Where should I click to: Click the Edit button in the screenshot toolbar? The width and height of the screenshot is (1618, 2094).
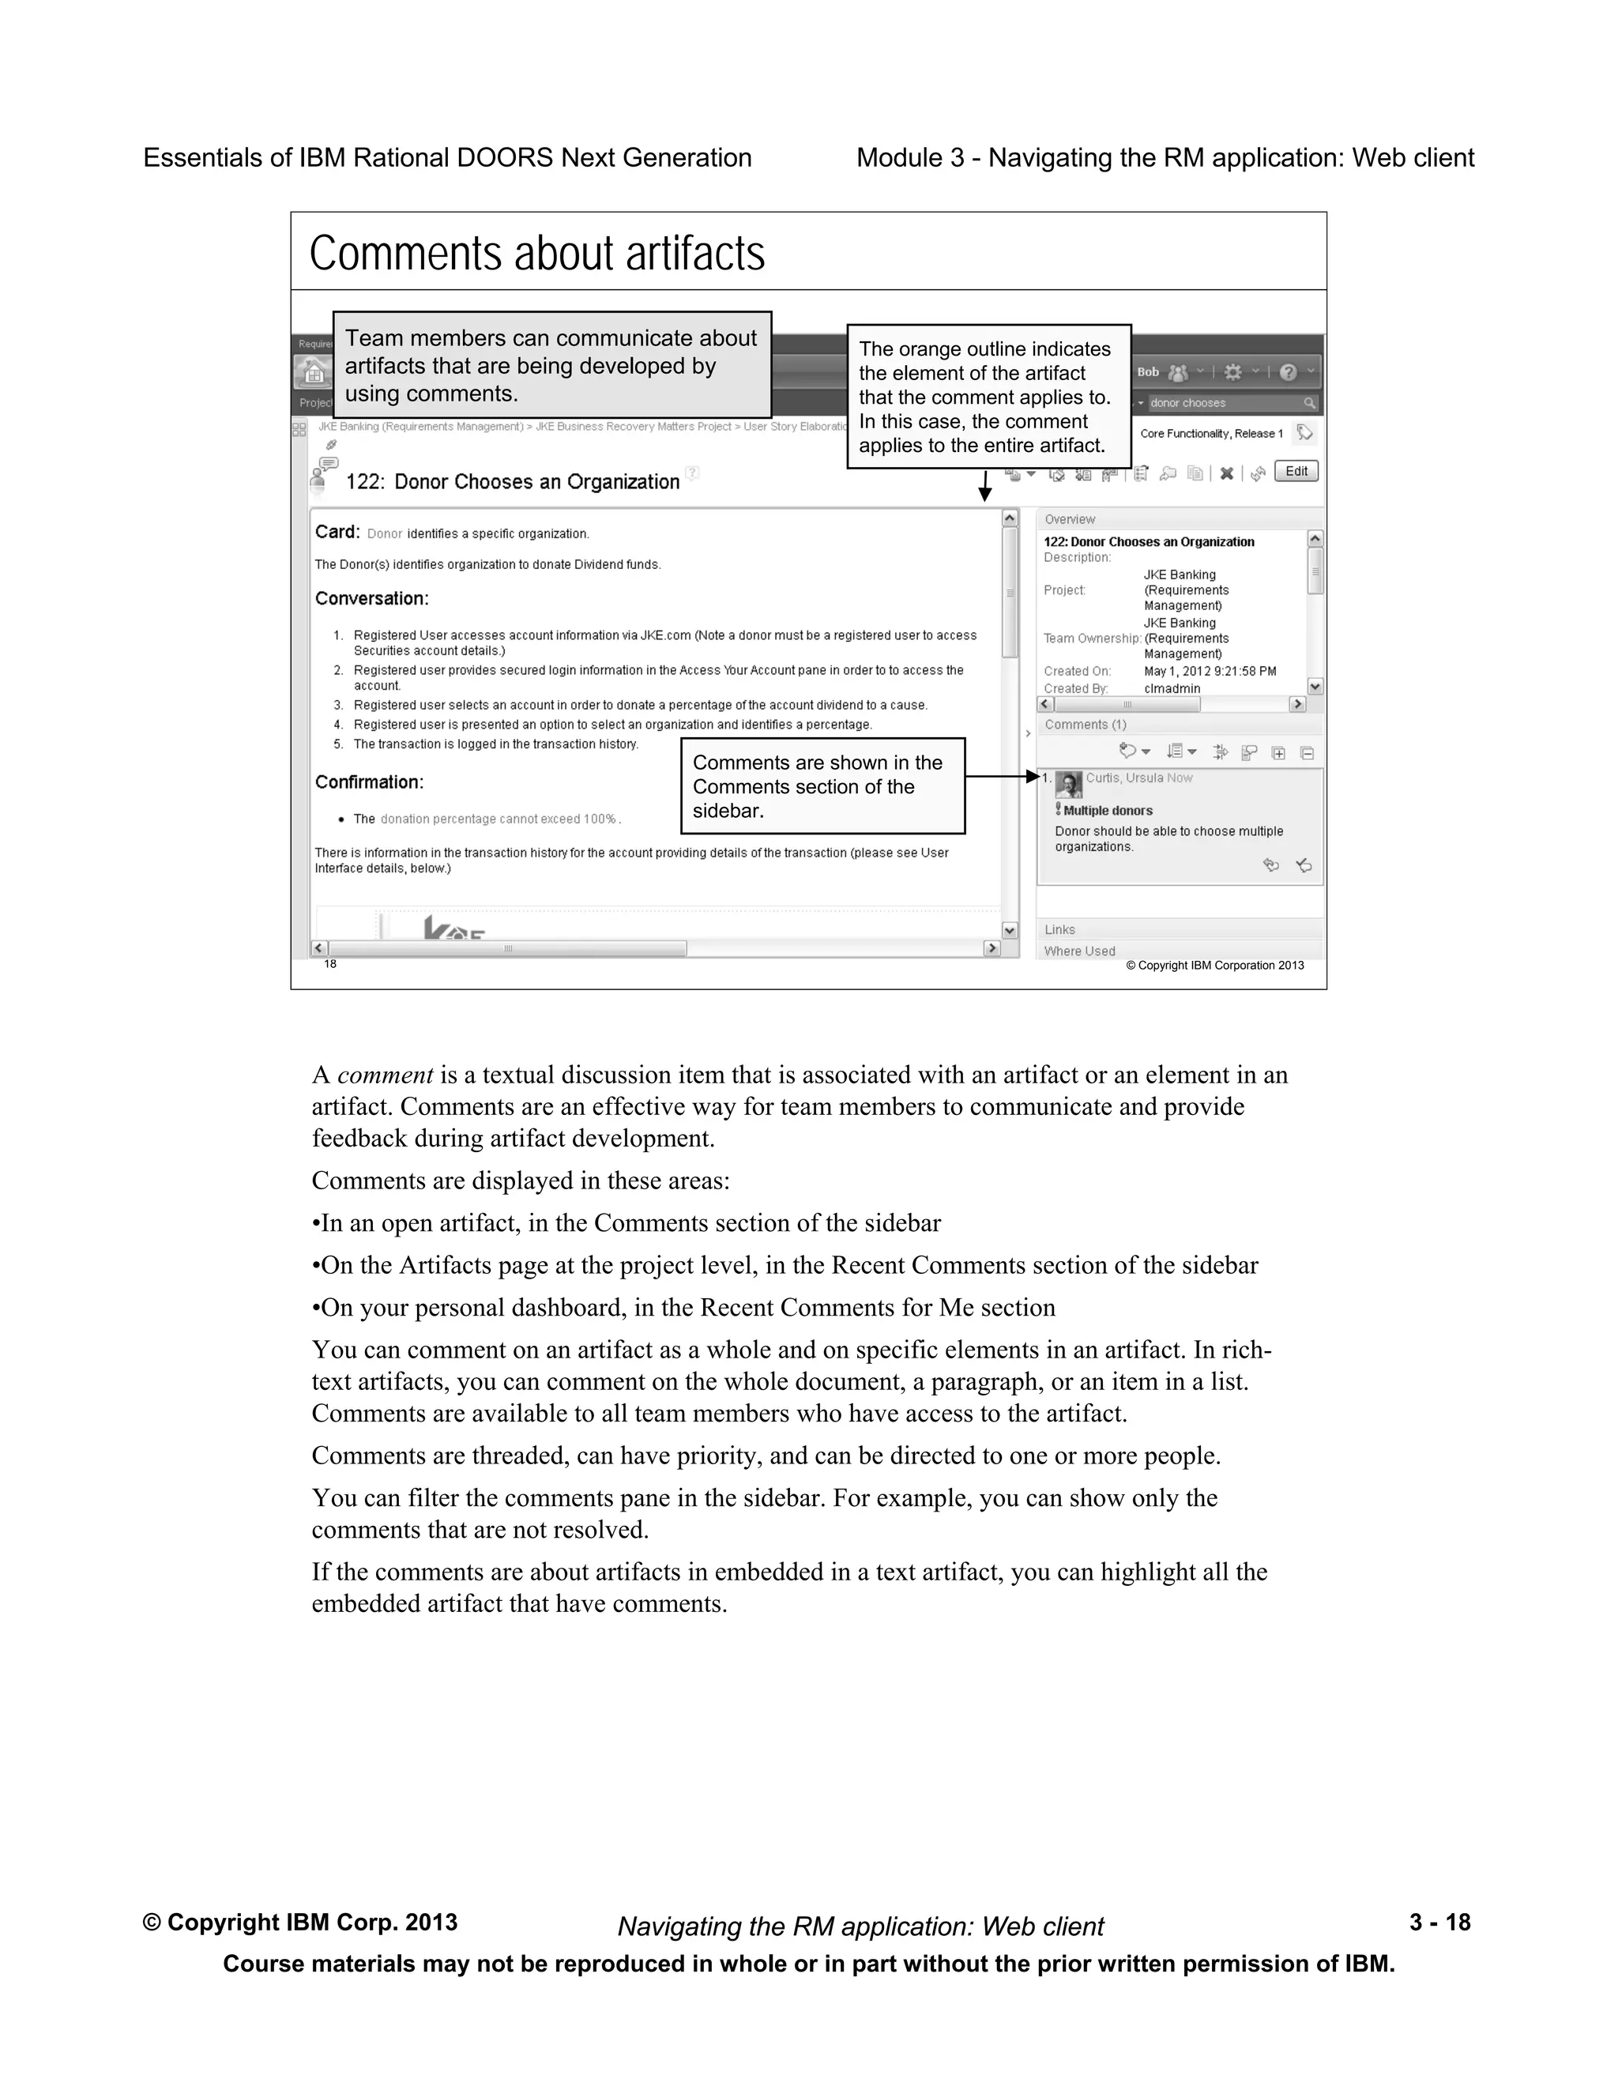coord(1296,471)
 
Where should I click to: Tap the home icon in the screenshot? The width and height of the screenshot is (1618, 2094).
coord(313,372)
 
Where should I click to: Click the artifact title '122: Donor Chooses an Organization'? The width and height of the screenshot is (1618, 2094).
coord(512,481)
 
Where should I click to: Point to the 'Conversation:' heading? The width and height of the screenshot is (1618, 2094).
coord(372,598)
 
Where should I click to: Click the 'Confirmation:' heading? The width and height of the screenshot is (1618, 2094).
coord(369,782)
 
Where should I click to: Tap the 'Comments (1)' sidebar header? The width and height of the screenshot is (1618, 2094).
coord(1085,725)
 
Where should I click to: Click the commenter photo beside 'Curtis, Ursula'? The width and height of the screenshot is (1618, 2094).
coord(1069,785)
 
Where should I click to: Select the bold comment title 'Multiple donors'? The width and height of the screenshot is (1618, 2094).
coord(1107,810)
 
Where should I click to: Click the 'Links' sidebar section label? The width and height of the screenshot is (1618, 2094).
coord(1059,929)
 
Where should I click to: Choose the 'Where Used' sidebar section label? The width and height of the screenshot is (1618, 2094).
coord(1079,951)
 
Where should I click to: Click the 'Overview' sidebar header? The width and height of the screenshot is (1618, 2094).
coord(1070,518)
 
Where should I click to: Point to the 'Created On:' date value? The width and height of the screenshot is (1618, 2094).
coord(1210,671)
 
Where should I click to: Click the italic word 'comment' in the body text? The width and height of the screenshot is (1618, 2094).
coord(385,1075)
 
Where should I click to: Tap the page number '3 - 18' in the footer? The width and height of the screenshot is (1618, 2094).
coord(1439,1923)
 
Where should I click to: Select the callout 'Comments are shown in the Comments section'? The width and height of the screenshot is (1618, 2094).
coord(822,786)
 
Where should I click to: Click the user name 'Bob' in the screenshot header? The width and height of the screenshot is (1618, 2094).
coord(1147,372)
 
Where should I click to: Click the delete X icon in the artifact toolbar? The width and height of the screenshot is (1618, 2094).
coord(1226,473)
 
